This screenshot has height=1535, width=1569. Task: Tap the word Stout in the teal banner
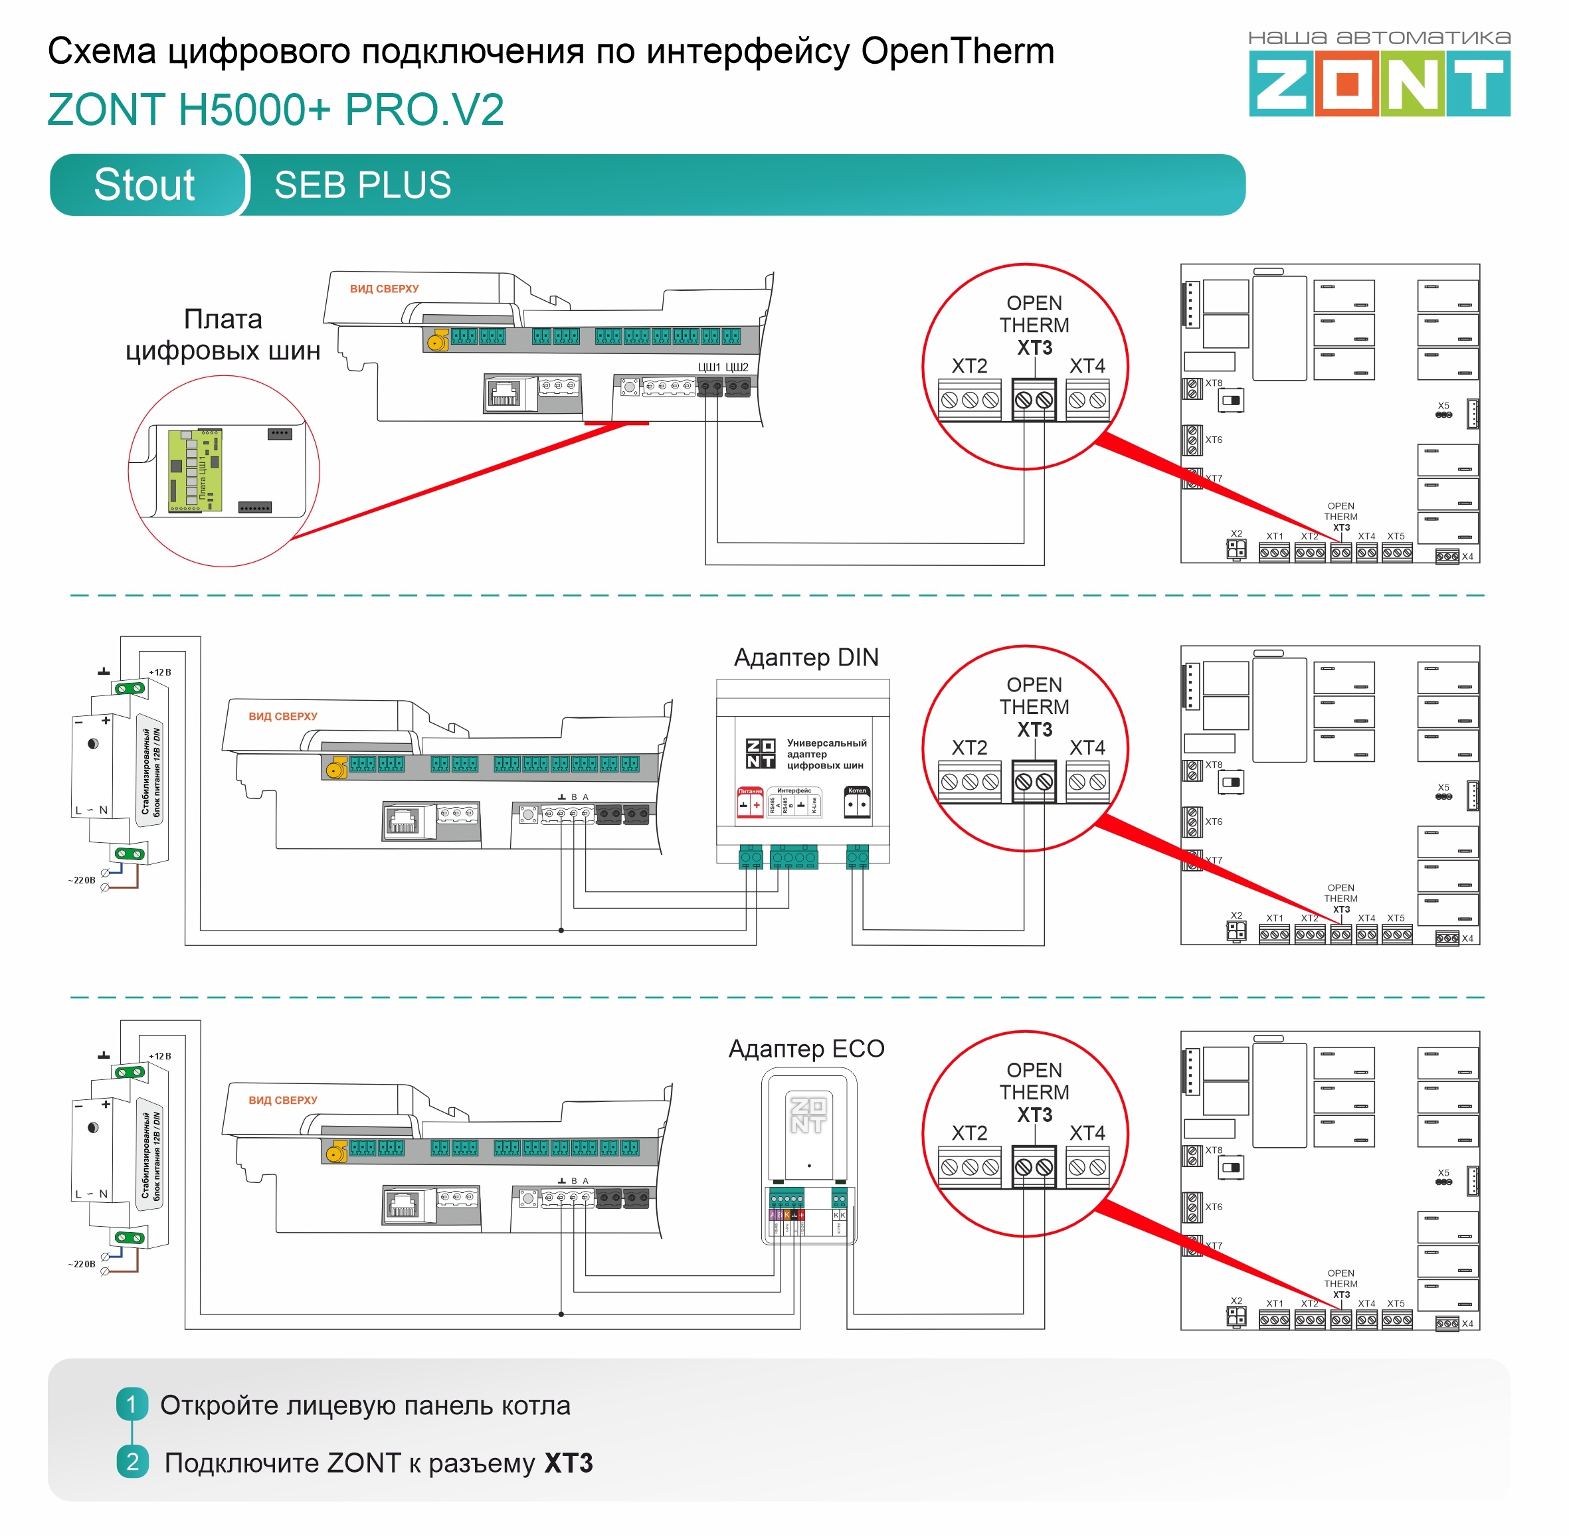pos(144,185)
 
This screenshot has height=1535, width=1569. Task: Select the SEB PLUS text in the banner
pos(362,185)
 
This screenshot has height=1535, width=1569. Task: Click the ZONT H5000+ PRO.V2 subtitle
pos(275,110)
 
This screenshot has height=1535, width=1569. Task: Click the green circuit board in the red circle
pos(195,471)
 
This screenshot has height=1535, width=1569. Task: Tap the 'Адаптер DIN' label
pos(806,657)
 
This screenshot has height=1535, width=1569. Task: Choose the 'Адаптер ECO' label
pos(806,1048)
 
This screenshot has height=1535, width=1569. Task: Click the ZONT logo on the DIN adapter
pos(761,753)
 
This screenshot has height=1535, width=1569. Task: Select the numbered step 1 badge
pos(132,1403)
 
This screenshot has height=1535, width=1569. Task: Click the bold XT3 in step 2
pos(569,1463)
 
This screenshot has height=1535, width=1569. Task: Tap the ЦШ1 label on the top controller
pos(709,367)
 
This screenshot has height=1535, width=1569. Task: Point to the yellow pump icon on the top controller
pos(437,340)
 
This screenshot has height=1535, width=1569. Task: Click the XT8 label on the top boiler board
pos(1214,383)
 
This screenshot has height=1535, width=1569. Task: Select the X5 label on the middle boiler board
pos(1443,788)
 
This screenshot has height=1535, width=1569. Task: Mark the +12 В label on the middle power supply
pos(159,672)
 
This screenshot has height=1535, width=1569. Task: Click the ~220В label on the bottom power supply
pos(82,1264)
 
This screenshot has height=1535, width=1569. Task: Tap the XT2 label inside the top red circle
pos(969,366)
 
